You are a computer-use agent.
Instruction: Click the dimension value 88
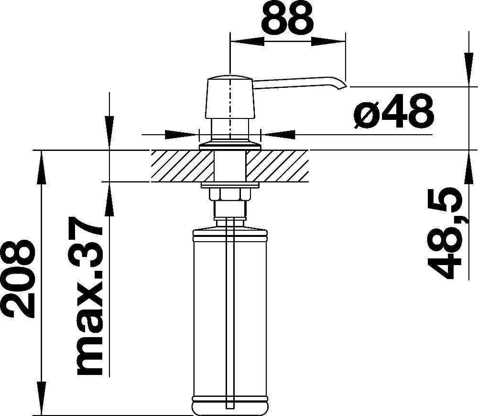point(287,18)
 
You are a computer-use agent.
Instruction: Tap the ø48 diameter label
point(394,111)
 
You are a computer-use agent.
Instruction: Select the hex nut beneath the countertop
point(230,194)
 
